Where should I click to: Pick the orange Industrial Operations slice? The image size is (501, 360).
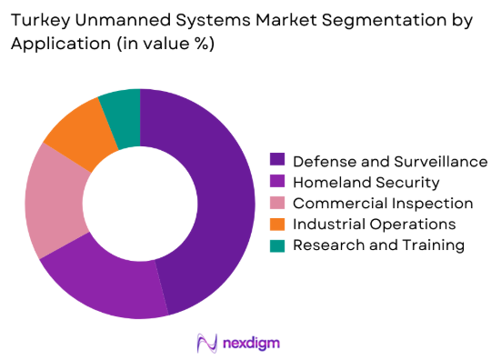click(x=78, y=135)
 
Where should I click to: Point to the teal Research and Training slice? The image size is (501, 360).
click(x=122, y=107)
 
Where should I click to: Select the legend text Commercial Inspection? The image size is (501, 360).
click(x=383, y=204)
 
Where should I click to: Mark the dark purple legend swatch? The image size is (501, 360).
click(x=277, y=162)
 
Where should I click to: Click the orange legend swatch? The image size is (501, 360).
click(x=277, y=224)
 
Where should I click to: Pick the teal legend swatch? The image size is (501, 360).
click(x=277, y=245)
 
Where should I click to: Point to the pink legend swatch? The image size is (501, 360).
click(x=277, y=204)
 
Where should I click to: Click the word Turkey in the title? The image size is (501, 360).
click(x=39, y=19)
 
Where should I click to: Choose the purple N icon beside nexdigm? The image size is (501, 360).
click(x=206, y=342)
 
